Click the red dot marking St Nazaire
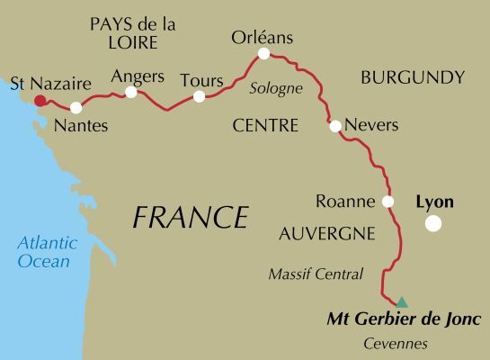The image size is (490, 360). point(40,101)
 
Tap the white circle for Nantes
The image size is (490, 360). point(76,108)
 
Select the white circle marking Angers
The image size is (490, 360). point(131,92)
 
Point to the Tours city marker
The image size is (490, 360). point(199,96)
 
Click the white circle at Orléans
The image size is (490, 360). point(263,54)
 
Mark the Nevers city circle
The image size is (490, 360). point(335,126)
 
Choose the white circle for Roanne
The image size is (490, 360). point(388,202)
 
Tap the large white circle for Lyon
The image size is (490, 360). point(433,224)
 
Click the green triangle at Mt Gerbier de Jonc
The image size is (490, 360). point(402,302)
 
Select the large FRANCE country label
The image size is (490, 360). point(190,217)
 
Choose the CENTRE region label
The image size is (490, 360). point(264,126)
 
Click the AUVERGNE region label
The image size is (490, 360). point(326,234)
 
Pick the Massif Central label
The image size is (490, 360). point(316,274)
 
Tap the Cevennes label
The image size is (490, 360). point(396,344)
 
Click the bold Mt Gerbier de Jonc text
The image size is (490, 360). point(404,319)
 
